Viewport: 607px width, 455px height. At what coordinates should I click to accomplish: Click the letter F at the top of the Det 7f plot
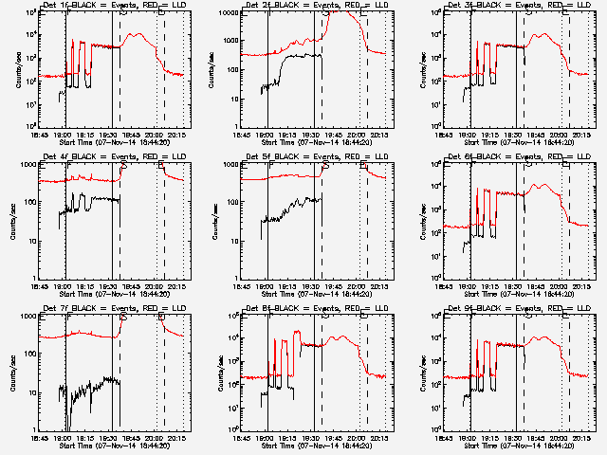(x=67, y=317)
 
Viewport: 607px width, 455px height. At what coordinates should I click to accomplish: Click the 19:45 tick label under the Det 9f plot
(x=538, y=437)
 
